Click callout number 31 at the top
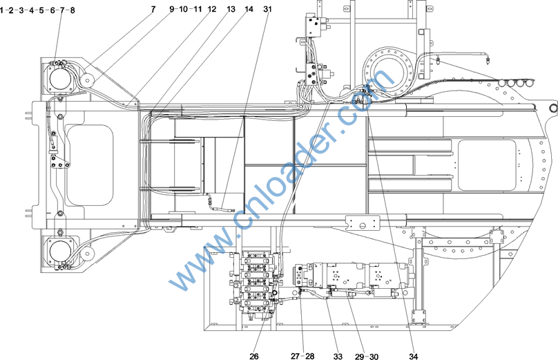pos(267,9)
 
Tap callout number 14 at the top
pos(249,9)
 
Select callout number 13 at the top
pos(231,9)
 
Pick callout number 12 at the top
pos(212,9)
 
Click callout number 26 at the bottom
pos(253,356)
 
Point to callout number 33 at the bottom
pos(338,356)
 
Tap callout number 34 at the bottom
pos(413,356)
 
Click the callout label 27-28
pos(302,356)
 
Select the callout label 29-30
pos(367,356)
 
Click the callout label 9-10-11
pos(185,9)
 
